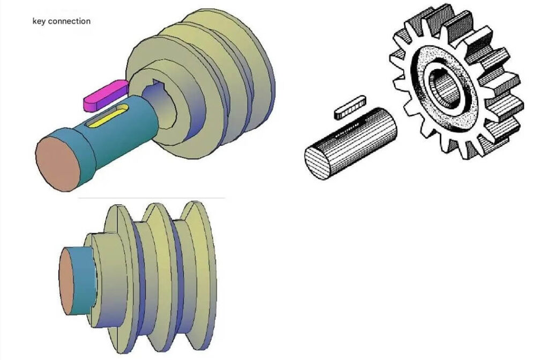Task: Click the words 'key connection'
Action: coord(61,21)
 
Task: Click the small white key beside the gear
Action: coord(350,106)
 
